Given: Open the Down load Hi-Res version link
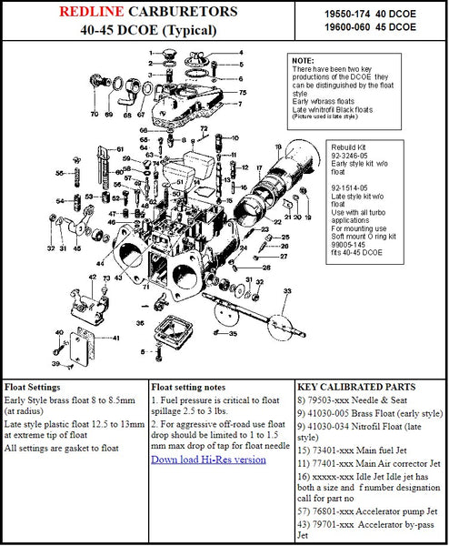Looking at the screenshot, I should click(209, 460).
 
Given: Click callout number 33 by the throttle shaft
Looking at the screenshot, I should click(287, 290).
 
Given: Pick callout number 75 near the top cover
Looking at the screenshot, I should click(243, 93).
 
